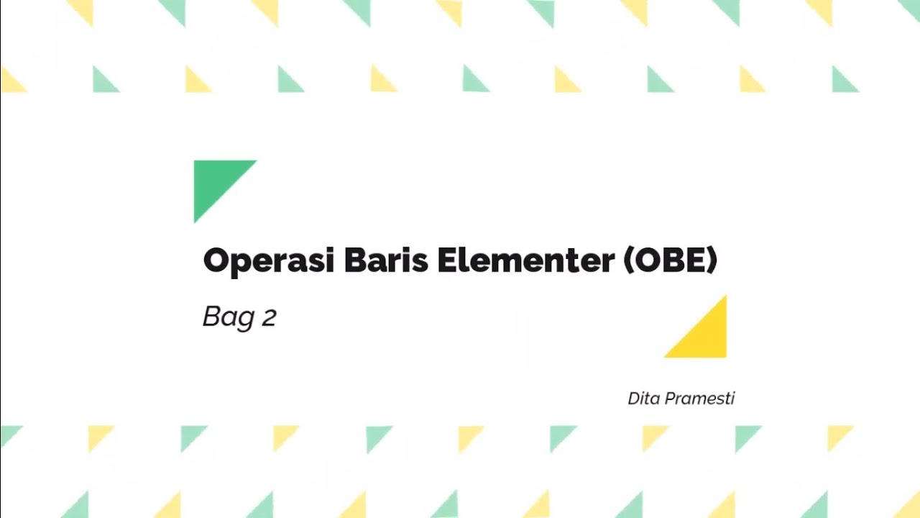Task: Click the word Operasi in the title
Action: (x=269, y=260)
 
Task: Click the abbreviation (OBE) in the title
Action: (x=670, y=260)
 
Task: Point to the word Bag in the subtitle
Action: (x=229, y=317)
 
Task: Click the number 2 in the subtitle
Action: (x=269, y=318)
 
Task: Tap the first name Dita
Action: (x=643, y=399)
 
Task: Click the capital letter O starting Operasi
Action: (x=215, y=260)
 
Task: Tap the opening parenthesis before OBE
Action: (x=627, y=260)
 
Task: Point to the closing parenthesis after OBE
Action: (x=712, y=260)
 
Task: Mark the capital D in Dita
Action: (x=634, y=399)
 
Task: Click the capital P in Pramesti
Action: (x=670, y=399)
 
